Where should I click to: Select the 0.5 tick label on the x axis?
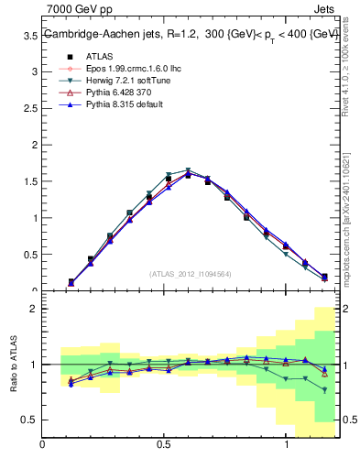click(x=164, y=444)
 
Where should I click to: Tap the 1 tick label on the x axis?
click(x=287, y=444)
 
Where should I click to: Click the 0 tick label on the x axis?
click(x=42, y=444)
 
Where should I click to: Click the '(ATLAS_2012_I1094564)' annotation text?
click(x=191, y=274)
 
